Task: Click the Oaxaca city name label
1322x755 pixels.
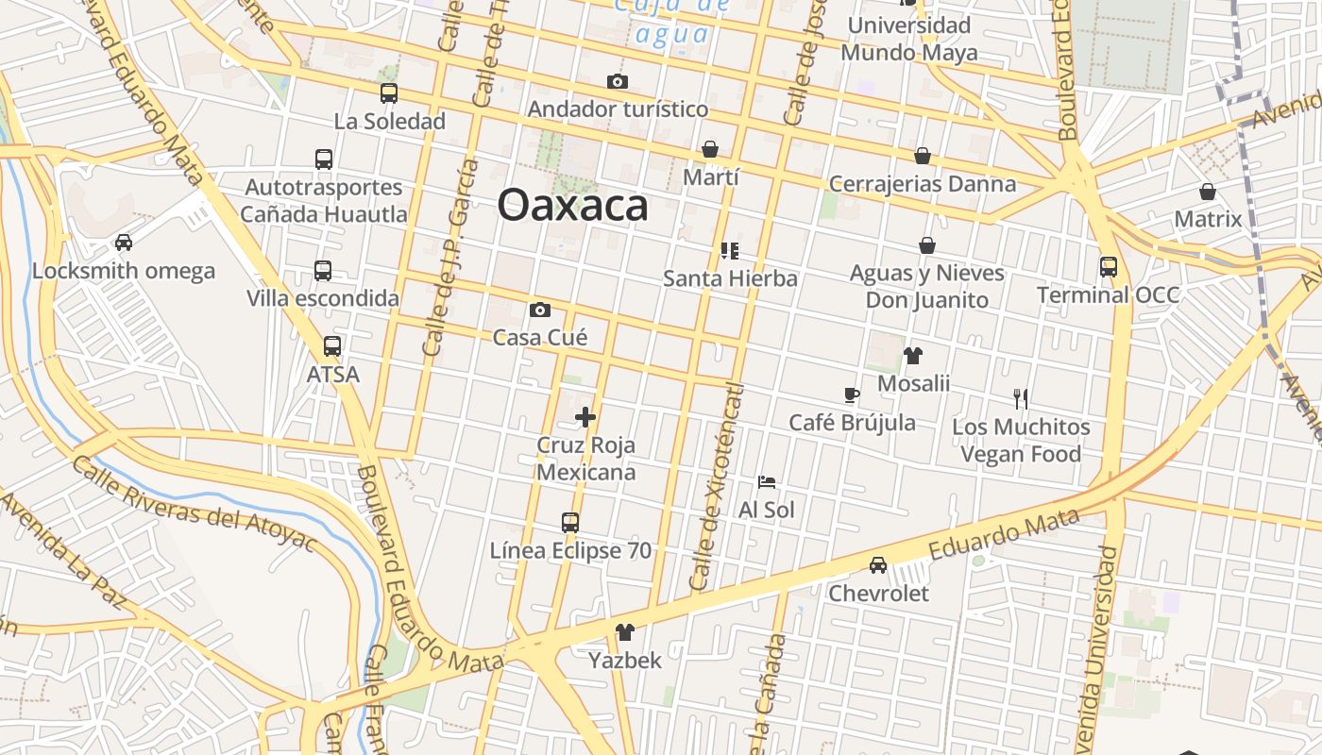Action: coord(572,205)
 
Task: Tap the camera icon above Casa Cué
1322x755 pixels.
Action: coord(540,310)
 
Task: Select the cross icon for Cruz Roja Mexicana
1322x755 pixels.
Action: coord(585,416)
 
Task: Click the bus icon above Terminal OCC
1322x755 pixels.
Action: coord(1108,267)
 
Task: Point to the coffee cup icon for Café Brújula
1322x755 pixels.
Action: coord(852,394)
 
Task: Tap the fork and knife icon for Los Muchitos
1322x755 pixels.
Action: coord(1020,398)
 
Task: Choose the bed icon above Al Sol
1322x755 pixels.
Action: coord(767,482)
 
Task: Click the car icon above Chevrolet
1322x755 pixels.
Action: coord(878,565)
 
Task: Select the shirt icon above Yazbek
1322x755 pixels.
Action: coord(625,632)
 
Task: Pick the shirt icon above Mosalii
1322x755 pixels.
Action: coord(913,356)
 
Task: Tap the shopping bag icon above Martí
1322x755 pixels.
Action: coord(710,149)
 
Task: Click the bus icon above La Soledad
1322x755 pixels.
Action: coord(389,93)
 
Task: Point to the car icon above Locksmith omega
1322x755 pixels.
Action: coord(124,243)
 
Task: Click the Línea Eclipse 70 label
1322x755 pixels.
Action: coord(570,550)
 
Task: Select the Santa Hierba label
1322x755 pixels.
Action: coord(730,278)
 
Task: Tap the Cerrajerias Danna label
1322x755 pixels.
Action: coord(922,184)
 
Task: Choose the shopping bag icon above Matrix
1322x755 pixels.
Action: coord(1208,193)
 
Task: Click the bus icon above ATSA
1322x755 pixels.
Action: coord(332,346)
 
